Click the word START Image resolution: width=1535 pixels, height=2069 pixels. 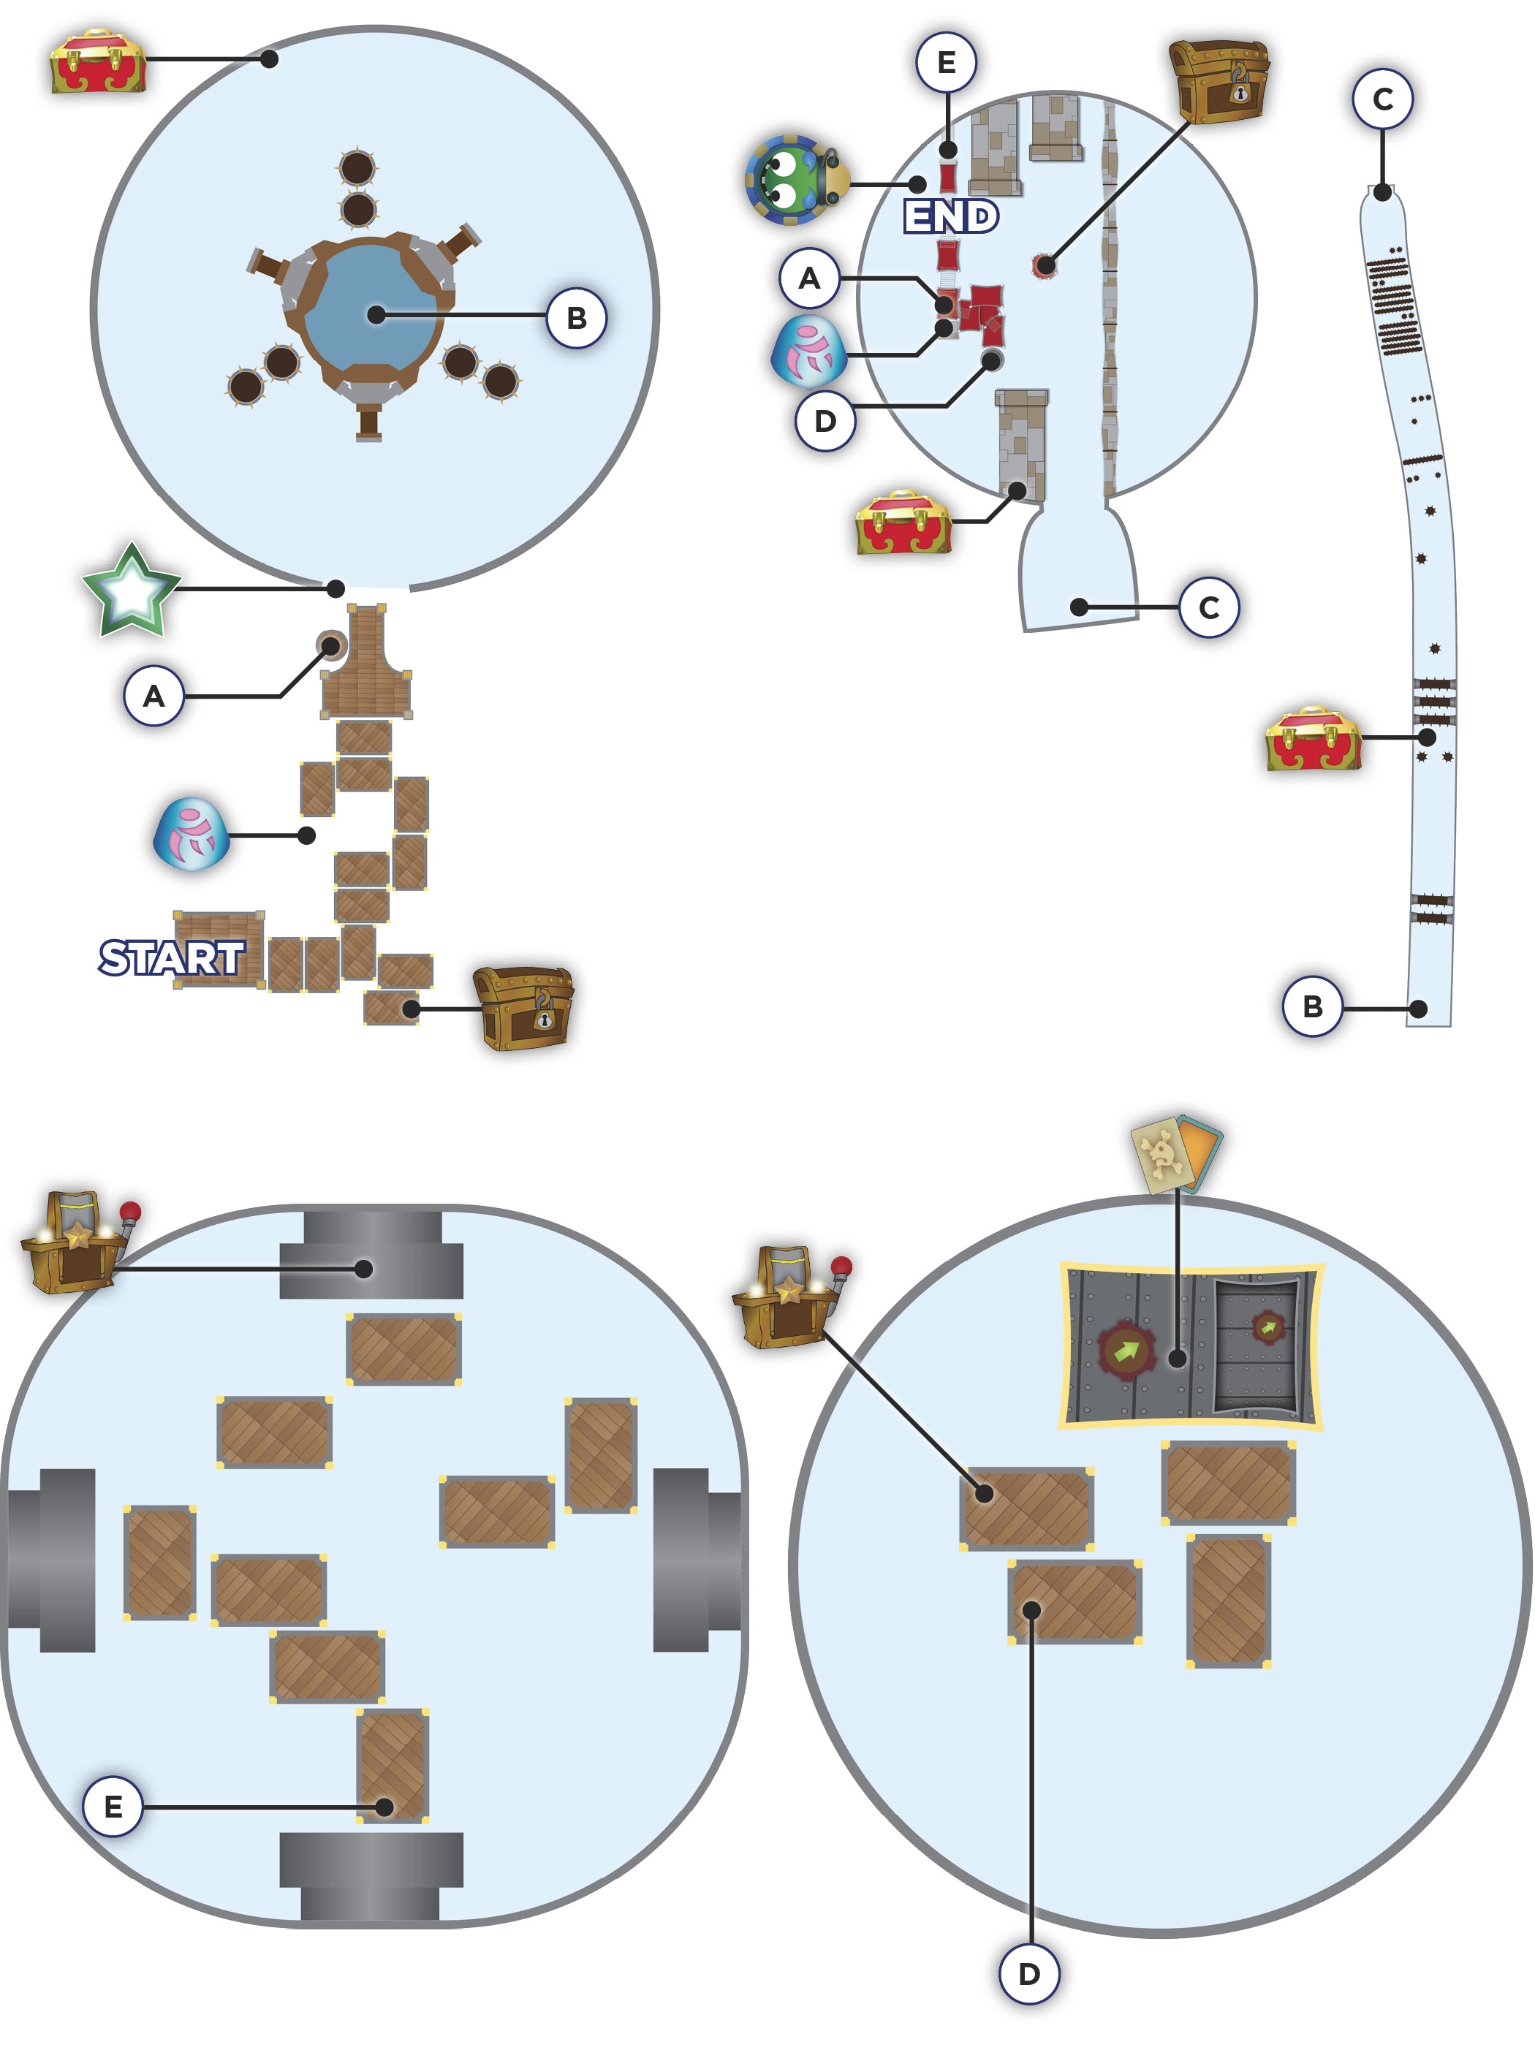pos(172,958)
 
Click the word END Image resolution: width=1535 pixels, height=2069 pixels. pos(950,216)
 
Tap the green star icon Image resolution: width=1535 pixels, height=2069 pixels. pos(131,591)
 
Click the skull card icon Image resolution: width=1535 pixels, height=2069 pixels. pos(1176,1153)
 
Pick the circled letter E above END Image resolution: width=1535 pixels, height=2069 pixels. pos(946,62)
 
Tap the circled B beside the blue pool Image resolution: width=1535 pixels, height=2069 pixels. pos(576,318)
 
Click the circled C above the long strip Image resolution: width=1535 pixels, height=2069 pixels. pos(1383,99)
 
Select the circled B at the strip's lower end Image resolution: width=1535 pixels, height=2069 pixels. pos(1312,1006)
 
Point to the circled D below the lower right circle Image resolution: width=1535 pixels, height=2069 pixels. pos(1028,1973)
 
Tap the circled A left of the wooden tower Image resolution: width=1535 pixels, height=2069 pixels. pos(153,695)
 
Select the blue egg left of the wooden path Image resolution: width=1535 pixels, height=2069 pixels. pos(191,833)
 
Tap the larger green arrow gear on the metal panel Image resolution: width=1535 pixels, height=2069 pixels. pos(1126,1350)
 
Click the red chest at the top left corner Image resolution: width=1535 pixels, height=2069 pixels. pos(97,61)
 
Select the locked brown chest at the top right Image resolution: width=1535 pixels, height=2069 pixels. pos(1219,82)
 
